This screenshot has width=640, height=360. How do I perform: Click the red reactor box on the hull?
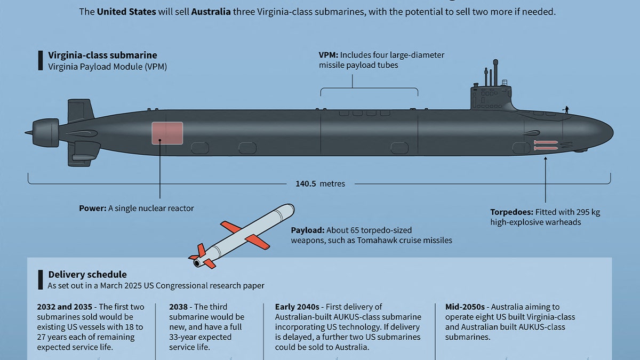167,133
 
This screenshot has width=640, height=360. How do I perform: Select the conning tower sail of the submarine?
490,97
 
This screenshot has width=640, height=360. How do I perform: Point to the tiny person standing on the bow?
566,109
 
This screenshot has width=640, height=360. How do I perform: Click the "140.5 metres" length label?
320,183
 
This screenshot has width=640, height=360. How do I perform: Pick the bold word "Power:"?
92,209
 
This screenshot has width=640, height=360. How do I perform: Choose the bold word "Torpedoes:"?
511,212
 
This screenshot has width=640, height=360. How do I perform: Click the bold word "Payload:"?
307,230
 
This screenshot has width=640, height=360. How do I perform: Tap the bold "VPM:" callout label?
328,55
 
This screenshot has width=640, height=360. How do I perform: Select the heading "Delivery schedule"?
87,275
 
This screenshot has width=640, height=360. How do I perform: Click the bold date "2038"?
179,307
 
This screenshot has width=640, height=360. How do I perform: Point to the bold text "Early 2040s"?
297,307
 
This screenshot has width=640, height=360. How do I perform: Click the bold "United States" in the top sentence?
126,11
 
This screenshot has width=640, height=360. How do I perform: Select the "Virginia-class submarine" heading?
102,55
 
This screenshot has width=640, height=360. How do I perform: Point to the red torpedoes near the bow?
546,145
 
